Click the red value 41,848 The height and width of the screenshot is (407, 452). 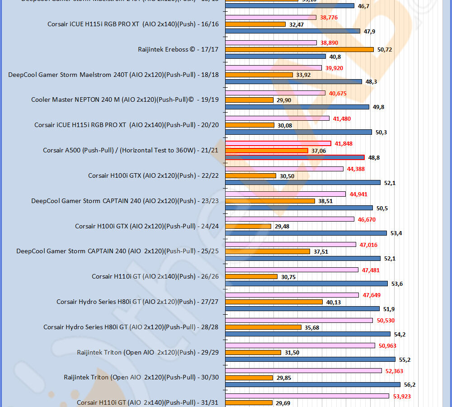(x=344, y=144)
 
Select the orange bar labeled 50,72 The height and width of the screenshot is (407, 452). (x=299, y=49)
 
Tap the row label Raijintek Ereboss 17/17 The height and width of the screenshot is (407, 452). (x=178, y=49)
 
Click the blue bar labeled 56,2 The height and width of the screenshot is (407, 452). (x=313, y=384)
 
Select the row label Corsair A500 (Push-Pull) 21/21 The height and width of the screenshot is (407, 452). (x=131, y=150)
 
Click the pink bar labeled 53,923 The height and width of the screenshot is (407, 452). (x=307, y=396)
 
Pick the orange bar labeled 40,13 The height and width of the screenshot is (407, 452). (x=274, y=302)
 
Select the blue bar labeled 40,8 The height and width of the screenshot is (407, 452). (x=275, y=57)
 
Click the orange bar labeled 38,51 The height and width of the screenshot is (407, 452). (x=270, y=201)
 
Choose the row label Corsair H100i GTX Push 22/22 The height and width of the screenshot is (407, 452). (x=153, y=175)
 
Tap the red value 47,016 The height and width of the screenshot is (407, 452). (x=369, y=245)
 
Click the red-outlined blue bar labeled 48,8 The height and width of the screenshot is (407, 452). (x=295, y=157)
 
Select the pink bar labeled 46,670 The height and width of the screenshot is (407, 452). (x=290, y=219)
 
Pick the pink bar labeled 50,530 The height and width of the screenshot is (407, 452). (x=299, y=320)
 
